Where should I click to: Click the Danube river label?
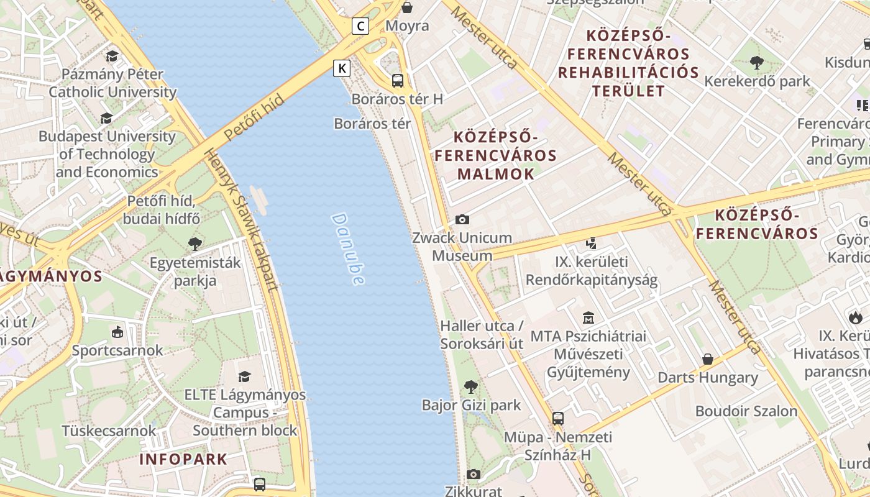pos(348,249)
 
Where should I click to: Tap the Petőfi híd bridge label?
pos(254,117)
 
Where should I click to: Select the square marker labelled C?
pos(360,26)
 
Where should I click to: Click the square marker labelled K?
pos(342,68)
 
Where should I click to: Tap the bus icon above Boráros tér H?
pos(398,81)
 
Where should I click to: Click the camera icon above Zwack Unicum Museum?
pos(462,219)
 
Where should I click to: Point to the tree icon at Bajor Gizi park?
pos(471,386)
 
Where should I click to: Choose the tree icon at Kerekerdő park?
pos(757,62)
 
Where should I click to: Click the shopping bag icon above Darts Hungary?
pos(707,359)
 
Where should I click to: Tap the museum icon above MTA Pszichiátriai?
pos(588,318)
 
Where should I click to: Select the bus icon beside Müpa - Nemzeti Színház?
pos(558,418)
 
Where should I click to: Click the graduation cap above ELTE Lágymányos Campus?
pos(245,376)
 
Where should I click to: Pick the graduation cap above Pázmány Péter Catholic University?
pos(112,57)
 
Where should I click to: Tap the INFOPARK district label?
pos(183,460)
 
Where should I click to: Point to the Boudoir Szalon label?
pos(746,411)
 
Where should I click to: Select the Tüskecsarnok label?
pos(109,431)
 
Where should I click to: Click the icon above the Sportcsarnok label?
pos(117,332)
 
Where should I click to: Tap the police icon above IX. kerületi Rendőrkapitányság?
pos(592,244)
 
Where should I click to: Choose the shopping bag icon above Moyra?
pos(407,7)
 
